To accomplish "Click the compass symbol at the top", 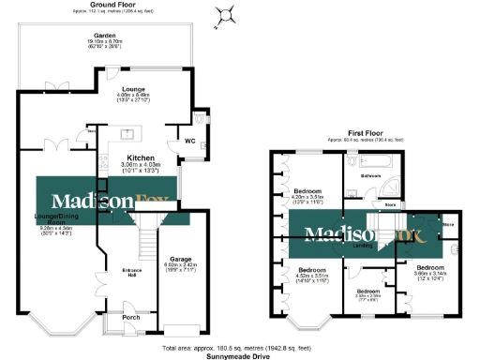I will coord(225,13).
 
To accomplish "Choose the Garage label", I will coord(180,259).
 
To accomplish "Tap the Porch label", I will coord(131,317).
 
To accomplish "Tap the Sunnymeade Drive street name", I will coord(239,356).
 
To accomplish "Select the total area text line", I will coord(239,348).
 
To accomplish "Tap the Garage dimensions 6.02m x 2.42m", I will coord(180,267).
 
